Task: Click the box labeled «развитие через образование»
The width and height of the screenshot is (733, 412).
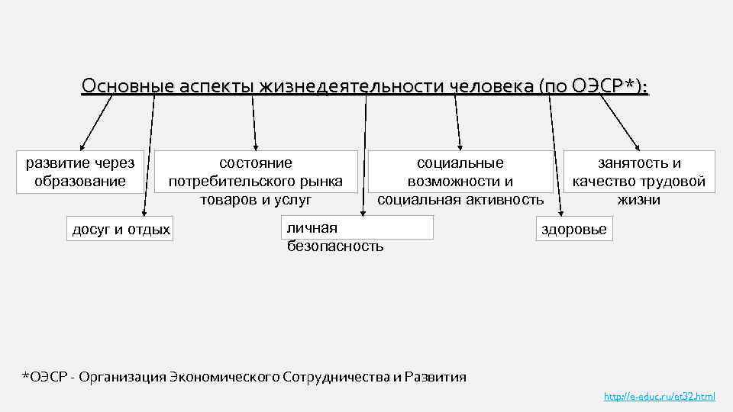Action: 80,172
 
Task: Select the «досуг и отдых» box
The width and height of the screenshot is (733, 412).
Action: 121,229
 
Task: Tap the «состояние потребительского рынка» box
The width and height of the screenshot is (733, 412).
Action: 256,181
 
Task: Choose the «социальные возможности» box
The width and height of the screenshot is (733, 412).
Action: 460,181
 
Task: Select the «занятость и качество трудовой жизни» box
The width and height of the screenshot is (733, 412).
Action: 640,181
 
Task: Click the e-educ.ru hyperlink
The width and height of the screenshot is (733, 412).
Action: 659,397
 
